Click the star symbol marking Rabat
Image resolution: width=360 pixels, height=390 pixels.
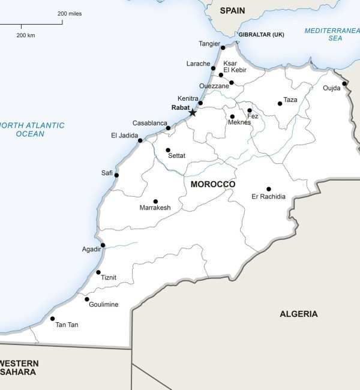(193, 112)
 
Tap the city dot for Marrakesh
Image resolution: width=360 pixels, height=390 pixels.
(155, 202)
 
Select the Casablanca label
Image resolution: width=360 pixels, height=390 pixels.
(149, 123)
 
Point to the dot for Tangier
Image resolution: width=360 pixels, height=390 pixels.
(223, 48)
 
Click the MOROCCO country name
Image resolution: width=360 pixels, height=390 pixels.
(212, 184)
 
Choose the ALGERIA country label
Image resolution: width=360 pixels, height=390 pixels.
(298, 314)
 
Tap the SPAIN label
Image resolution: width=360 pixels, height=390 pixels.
(233, 11)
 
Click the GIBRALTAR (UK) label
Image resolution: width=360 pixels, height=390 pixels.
(261, 35)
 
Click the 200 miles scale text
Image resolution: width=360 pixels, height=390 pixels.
(70, 13)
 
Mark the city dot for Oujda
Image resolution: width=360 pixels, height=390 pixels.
(344, 83)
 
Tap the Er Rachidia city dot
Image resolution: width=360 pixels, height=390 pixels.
(269, 189)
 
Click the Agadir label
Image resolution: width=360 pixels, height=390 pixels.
(91, 249)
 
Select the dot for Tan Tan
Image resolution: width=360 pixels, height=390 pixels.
(53, 319)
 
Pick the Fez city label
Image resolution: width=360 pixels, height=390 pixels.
(253, 116)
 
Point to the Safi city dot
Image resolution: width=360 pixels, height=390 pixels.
(116, 175)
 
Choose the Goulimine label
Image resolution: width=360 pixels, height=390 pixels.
(103, 304)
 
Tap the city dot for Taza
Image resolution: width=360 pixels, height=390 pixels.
(280, 104)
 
